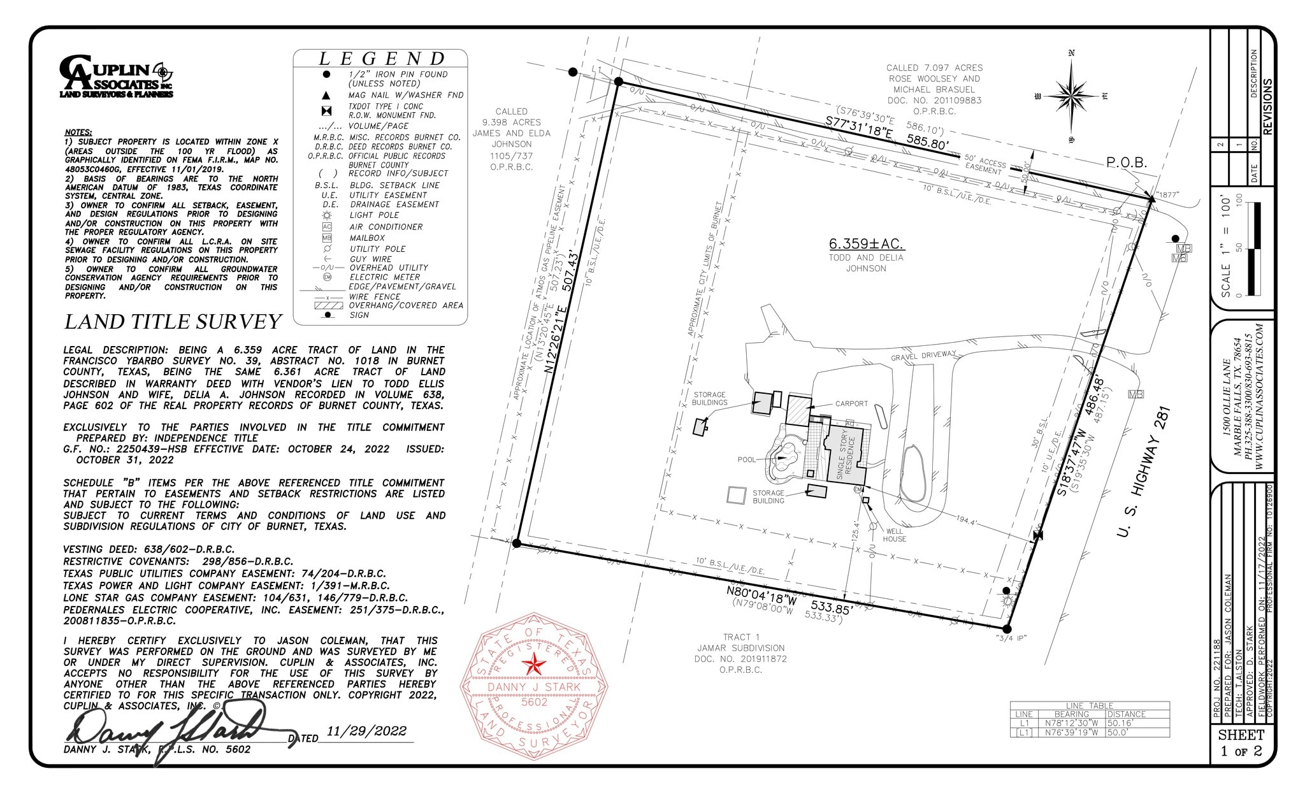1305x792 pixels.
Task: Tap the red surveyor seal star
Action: click(534, 666)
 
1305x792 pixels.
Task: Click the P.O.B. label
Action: click(1126, 163)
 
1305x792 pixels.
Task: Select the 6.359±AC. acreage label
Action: click(866, 244)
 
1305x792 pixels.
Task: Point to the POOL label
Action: click(746, 459)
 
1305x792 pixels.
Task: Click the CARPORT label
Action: click(851, 403)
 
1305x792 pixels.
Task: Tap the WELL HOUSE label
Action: click(894, 535)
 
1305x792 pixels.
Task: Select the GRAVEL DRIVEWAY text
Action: click(923, 356)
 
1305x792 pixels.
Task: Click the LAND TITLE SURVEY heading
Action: click(173, 322)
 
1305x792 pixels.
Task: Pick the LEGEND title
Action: click(382, 59)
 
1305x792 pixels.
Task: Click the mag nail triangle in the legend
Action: click(326, 96)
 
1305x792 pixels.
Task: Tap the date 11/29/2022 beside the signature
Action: click(366, 731)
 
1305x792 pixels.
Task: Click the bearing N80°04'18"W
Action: click(761, 595)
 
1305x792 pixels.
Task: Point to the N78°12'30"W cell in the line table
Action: click(1071, 723)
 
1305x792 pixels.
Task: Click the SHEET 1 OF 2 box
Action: click(1241, 742)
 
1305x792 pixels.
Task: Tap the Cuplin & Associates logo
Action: click(117, 76)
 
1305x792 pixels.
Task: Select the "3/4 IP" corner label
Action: click(1011, 638)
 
